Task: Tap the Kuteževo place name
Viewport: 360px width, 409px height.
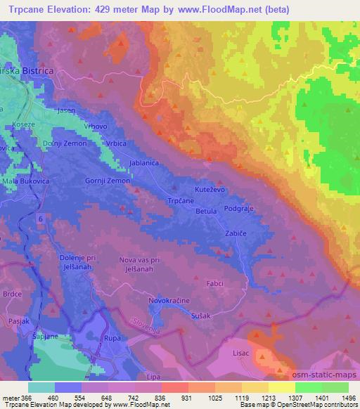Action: click(209, 190)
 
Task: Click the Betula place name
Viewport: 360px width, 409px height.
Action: click(205, 211)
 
